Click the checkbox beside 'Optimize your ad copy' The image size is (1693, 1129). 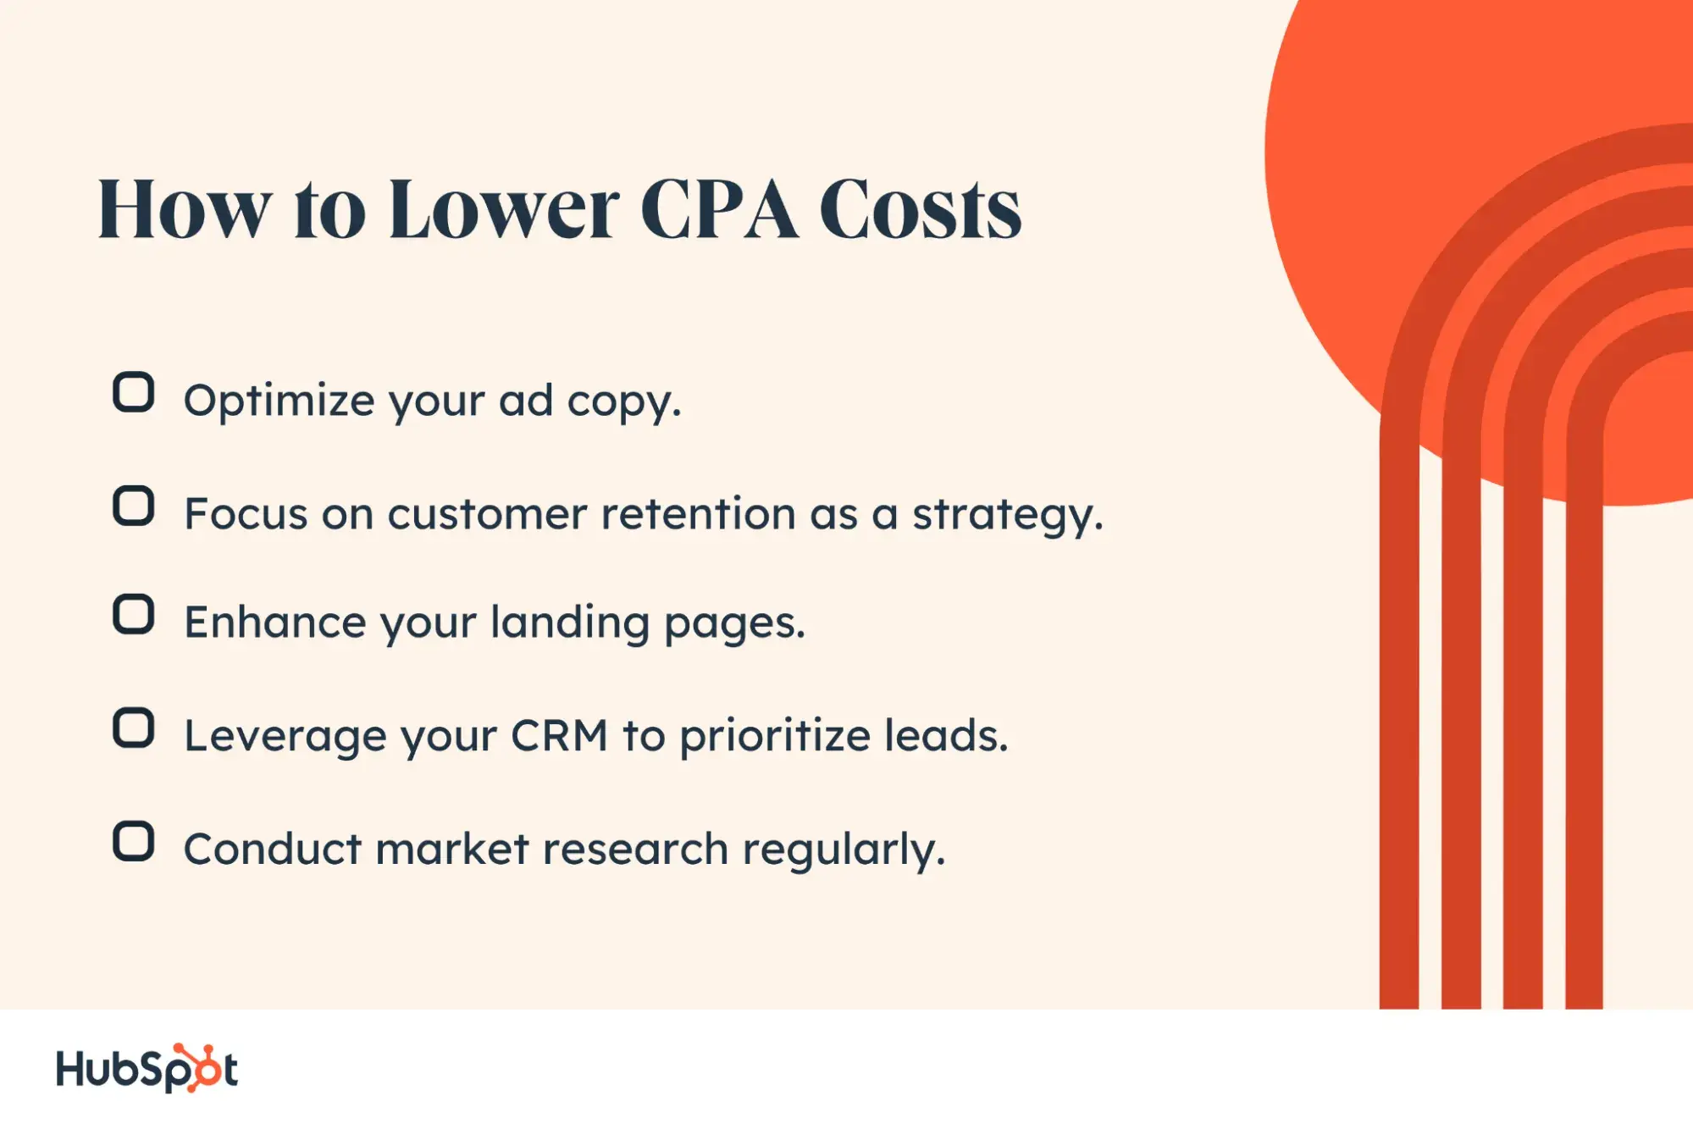[x=133, y=392]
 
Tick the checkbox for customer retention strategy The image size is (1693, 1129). [x=133, y=506]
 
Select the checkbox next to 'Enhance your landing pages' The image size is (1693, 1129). [x=133, y=614]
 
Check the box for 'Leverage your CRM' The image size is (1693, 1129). [x=133, y=728]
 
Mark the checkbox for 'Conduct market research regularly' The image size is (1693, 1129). [x=133, y=841]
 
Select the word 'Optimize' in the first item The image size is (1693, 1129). [x=279, y=400]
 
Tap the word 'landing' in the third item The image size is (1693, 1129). [x=570, y=623]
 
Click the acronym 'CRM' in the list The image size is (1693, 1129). [x=559, y=735]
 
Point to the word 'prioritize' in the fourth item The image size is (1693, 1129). [x=775, y=735]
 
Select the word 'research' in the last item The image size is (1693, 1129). [x=635, y=849]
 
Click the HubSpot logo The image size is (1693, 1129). [x=147, y=1068]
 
